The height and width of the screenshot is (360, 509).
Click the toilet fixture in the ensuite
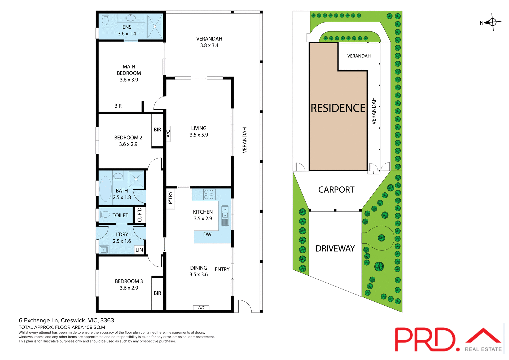105,19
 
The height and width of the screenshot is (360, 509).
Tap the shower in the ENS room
155,27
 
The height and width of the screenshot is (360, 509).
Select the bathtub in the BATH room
106,189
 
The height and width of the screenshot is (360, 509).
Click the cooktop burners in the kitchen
209,194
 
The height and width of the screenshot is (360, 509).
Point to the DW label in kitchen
207,235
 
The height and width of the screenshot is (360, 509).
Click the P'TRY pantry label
170,198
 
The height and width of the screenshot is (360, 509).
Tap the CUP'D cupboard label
140,215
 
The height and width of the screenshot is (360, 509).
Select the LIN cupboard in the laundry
139,250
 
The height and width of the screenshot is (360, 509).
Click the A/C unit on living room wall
168,134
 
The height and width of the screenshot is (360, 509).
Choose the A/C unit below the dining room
201,308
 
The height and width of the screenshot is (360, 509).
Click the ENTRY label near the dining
222,269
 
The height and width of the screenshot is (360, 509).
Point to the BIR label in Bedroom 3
157,293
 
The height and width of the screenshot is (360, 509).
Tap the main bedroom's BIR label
118,106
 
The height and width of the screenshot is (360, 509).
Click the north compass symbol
492,22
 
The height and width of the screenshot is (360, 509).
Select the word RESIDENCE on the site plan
338,108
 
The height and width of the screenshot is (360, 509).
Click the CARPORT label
336,190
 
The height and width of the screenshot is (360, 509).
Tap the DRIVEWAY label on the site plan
335,249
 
